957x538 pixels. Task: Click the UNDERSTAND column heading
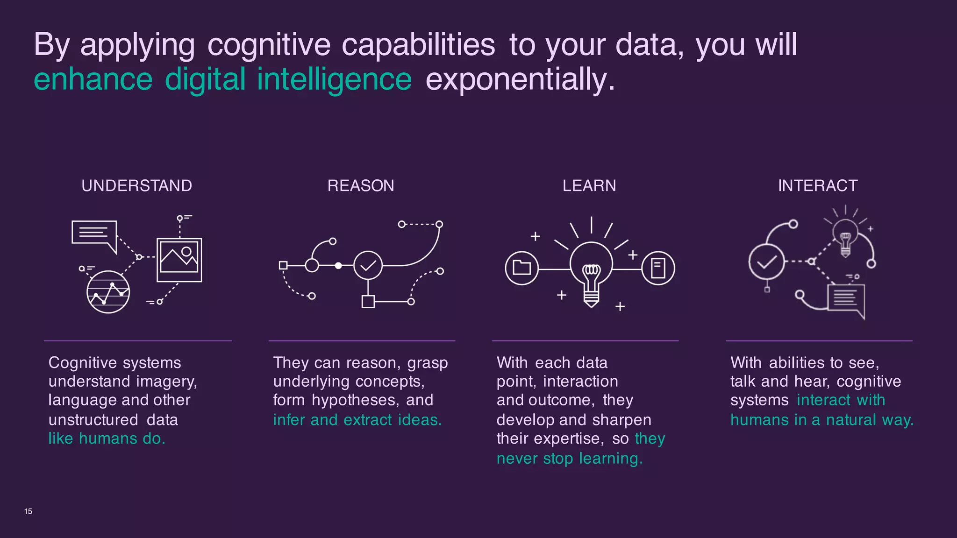[136, 186]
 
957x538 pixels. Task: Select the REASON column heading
[361, 186]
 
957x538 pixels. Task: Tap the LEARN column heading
[589, 186]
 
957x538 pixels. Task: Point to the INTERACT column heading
[818, 186]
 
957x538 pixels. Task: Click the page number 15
[28, 511]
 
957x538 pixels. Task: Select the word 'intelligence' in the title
[334, 79]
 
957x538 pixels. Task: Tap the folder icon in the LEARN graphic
[521, 268]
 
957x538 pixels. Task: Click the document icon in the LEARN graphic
[658, 268]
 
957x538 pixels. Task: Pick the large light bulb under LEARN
[591, 271]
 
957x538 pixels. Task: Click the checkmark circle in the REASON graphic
[368, 265]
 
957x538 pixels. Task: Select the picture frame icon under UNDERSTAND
[179, 260]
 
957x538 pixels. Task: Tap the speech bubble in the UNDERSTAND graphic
[94, 233]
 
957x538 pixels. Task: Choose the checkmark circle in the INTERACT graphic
[766, 262]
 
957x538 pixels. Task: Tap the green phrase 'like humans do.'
[107, 439]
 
